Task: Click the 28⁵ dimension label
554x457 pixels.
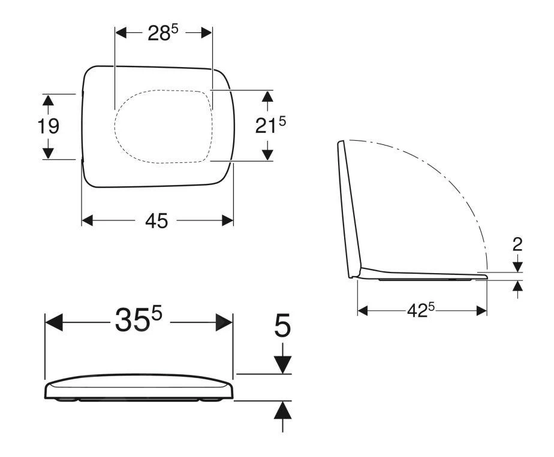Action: (163, 34)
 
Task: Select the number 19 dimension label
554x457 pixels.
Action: (49, 126)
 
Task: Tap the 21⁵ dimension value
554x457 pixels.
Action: (270, 125)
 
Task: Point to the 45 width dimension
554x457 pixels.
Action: (157, 221)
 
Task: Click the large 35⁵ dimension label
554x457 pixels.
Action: (138, 319)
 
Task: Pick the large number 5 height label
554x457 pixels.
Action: (282, 326)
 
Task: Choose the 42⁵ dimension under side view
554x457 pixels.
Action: (420, 310)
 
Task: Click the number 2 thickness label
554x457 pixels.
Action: (517, 244)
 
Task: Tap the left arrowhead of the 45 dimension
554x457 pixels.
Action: (88, 220)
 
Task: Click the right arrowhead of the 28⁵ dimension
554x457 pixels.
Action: (207, 33)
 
